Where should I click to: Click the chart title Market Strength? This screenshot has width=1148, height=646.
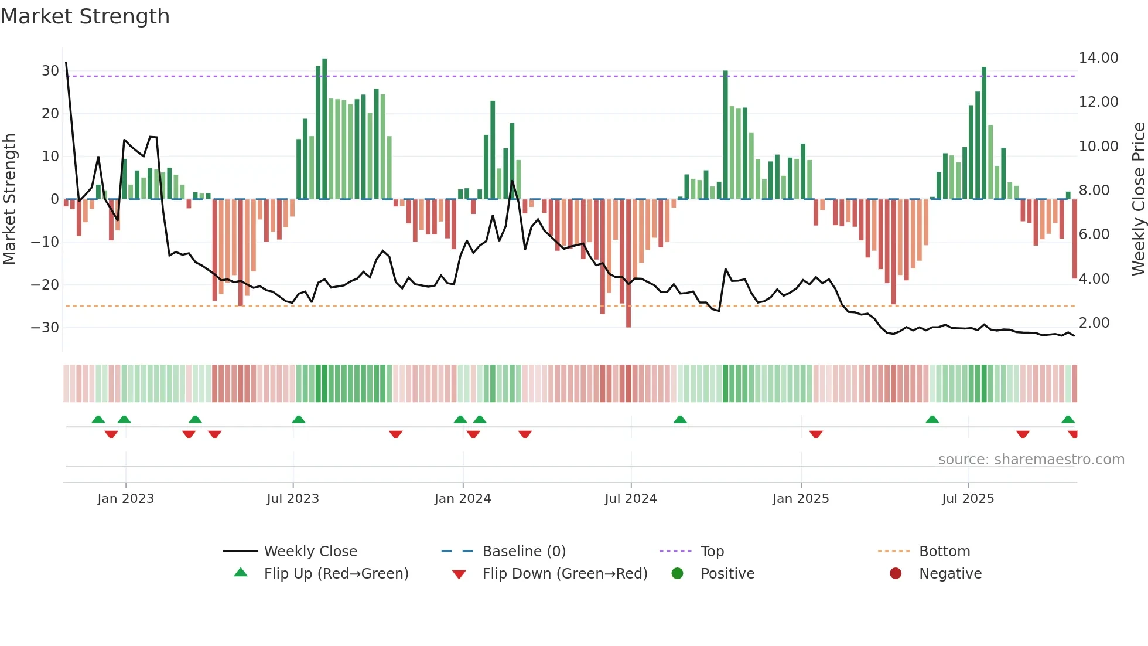85,16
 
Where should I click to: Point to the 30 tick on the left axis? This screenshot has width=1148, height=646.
50,71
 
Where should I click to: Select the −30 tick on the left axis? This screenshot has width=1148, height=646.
45,328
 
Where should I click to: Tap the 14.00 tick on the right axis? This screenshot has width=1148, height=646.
1098,58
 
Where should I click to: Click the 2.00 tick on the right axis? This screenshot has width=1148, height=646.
1094,323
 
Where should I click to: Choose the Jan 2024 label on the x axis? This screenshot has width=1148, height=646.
462,499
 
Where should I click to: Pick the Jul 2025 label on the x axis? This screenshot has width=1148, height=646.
968,499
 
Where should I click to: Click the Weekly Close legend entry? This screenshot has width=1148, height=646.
310,552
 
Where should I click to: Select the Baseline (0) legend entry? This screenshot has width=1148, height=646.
524,552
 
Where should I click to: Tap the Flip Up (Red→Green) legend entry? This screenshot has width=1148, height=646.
336,574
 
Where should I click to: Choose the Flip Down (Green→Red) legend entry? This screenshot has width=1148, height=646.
565,574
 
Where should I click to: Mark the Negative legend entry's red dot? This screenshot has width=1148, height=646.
896,574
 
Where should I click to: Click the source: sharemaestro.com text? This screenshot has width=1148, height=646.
1031,460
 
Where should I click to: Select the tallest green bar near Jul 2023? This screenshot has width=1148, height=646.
324,129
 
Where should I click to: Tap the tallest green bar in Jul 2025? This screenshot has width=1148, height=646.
984,133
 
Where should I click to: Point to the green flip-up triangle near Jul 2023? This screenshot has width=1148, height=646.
299,419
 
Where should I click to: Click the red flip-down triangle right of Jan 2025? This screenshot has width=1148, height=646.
816,434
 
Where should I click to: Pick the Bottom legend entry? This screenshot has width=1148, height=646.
944,552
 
